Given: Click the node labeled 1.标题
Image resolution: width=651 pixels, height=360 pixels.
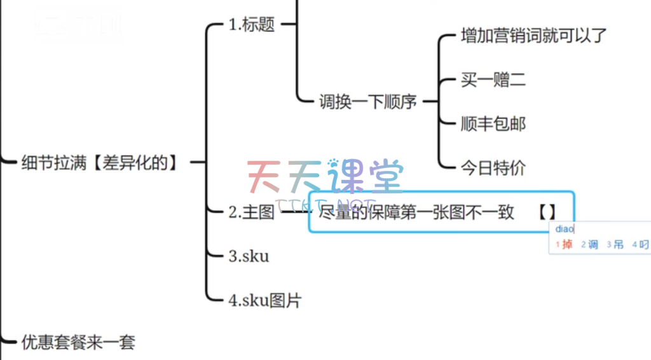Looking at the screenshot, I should coord(252,25).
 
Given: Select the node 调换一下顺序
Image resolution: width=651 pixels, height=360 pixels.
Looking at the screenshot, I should coord(367,101).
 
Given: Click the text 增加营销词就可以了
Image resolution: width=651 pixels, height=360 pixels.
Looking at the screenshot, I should coord(533,36).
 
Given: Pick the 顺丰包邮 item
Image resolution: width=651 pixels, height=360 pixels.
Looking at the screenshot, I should coord(493,123).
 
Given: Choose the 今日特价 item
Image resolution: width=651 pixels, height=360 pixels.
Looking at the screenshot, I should coord(493,168).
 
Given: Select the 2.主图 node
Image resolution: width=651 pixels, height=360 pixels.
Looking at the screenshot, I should coord(252,212).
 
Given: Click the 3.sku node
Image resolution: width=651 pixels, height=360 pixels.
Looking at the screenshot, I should coord(248,256).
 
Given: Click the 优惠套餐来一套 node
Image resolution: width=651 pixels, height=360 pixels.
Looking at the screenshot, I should coord(78,342).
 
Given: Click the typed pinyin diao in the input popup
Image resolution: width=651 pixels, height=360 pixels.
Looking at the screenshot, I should coord(565,229).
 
